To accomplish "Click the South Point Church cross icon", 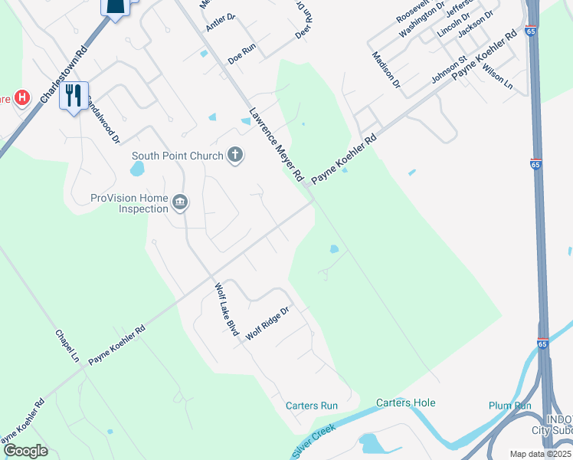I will (235, 156).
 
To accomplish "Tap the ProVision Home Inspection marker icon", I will (180, 202).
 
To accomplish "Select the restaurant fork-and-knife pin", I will (74, 96).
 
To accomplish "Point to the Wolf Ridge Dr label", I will (267, 324).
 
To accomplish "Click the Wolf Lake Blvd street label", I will (227, 308).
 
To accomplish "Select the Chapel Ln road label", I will (67, 347).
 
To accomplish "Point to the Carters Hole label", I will (405, 402).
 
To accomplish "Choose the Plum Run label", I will (509, 406).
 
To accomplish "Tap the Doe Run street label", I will (241, 57).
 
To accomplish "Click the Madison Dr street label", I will (386, 69).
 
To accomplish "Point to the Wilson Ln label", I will (497, 74).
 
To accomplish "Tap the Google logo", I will (25, 450).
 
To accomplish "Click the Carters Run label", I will (312, 406).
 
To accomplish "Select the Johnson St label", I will (449, 70).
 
